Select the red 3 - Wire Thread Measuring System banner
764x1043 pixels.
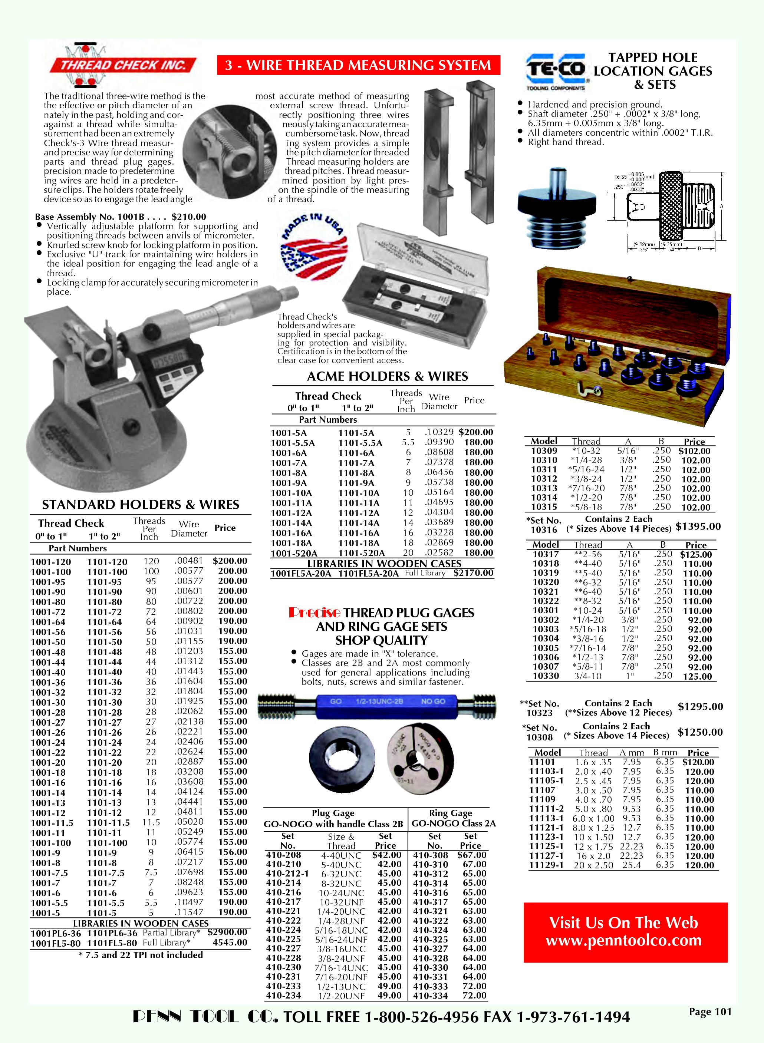click(358, 65)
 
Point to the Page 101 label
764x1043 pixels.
click(710, 1011)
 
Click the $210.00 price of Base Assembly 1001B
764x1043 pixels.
click(189, 217)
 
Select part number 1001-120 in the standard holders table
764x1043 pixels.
click(51, 562)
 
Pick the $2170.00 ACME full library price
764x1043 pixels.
click(473, 573)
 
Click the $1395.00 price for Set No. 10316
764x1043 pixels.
click(698, 527)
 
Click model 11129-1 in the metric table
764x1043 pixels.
click(546, 865)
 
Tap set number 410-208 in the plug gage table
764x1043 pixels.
click(283, 855)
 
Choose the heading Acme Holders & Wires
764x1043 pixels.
click(387, 376)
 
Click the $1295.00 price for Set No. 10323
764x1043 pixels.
click(700, 706)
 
